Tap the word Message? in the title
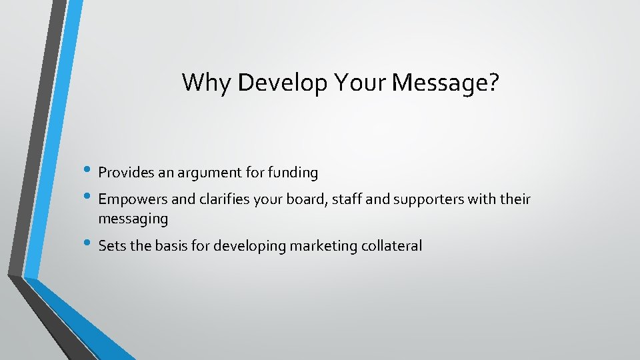pyautogui.click(x=446, y=83)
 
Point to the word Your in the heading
pyautogui.click(x=362, y=83)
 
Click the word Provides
pyautogui.click(x=125, y=173)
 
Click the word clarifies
pyautogui.click(x=220, y=199)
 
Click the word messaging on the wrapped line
pyautogui.click(x=133, y=219)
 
